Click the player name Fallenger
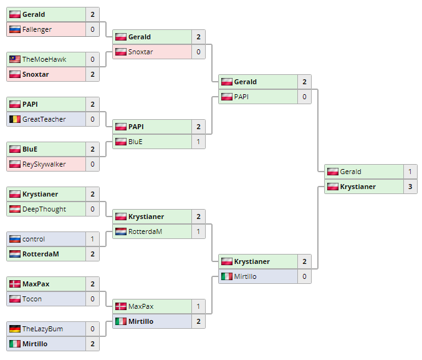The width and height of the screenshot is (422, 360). point(37,29)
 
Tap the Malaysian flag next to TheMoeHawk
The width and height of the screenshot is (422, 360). point(15,59)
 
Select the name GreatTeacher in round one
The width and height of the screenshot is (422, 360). point(44,119)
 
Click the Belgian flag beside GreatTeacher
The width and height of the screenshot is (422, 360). point(15,119)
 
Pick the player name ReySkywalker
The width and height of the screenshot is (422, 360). point(44,164)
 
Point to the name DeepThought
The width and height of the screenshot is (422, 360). point(44,209)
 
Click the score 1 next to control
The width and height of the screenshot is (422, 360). point(92,239)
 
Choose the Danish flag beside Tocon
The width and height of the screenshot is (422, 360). point(15,299)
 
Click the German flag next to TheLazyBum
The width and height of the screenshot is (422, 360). point(15,329)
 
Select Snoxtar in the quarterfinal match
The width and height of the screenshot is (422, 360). point(140,52)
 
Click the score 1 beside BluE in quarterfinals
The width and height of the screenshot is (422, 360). point(198,142)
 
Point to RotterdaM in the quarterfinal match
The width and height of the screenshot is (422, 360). point(145,231)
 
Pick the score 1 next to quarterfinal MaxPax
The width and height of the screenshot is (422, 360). point(198,306)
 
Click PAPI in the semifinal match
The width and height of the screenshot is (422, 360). point(242,97)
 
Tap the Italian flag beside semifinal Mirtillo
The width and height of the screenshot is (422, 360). point(227,276)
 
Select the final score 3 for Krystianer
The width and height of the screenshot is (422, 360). point(410,187)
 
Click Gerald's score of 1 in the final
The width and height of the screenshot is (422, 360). point(410,172)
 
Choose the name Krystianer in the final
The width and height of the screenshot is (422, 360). point(358,187)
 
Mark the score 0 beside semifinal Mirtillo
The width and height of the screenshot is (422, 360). point(304,276)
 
